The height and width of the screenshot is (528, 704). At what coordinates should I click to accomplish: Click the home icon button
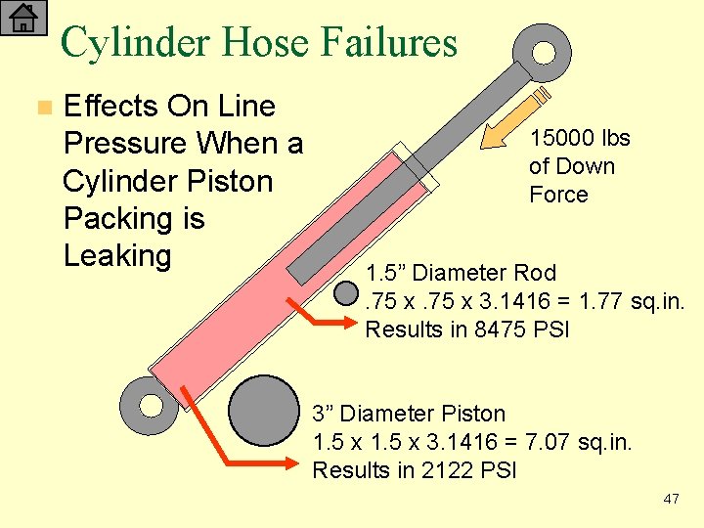click(23, 19)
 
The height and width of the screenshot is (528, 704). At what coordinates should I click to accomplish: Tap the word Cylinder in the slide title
click(135, 42)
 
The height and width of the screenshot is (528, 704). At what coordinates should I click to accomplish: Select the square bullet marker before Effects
click(40, 107)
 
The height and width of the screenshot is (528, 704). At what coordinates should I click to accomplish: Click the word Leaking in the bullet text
click(116, 255)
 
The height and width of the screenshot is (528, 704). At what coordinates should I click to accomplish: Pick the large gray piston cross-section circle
click(263, 412)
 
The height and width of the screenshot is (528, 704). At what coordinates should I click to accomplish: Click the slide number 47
click(671, 499)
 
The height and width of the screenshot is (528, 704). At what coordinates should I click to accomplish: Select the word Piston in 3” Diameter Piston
click(473, 414)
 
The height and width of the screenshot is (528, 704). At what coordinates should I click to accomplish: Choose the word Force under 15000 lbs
click(558, 195)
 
